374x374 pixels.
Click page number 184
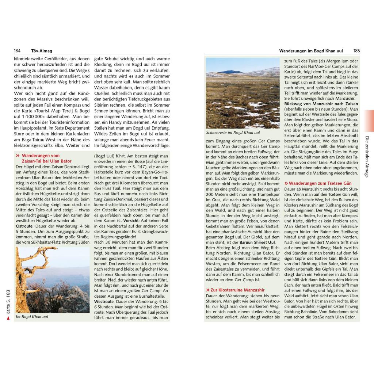17,51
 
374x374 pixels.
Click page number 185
356,51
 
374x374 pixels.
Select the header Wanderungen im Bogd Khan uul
311,51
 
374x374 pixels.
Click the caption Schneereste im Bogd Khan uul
233,133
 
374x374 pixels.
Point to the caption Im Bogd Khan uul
32,317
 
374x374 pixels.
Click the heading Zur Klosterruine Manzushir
235,290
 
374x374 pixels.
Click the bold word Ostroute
24,226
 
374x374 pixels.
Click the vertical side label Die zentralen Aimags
367,157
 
